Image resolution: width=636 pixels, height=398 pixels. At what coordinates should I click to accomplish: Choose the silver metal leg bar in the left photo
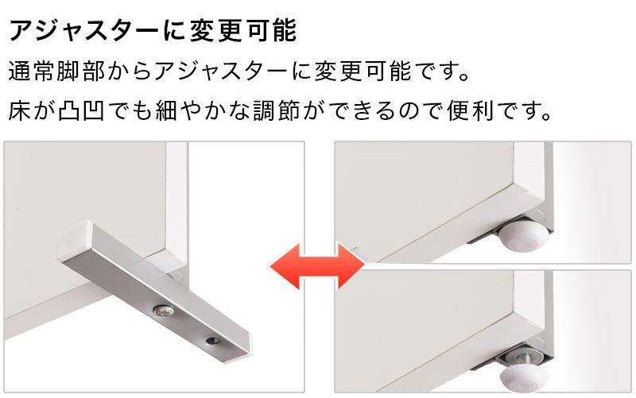click(x=151, y=294)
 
